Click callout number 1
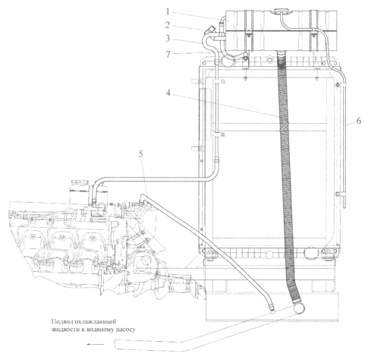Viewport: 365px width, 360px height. pyautogui.click(x=168, y=12)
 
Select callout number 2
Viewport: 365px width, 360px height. pyautogui.click(x=168, y=25)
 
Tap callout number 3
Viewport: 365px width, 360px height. pyautogui.click(x=168, y=39)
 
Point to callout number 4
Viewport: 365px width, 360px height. pyautogui.click(x=168, y=93)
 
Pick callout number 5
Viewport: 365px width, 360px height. pyautogui.click(x=141, y=154)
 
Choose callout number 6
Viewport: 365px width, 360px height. pyautogui.click(x=359, y=121)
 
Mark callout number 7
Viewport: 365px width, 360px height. pyautogui.click(x=168, y=54)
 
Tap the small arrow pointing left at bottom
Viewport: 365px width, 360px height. pyautogui.click(x=95, y=344)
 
